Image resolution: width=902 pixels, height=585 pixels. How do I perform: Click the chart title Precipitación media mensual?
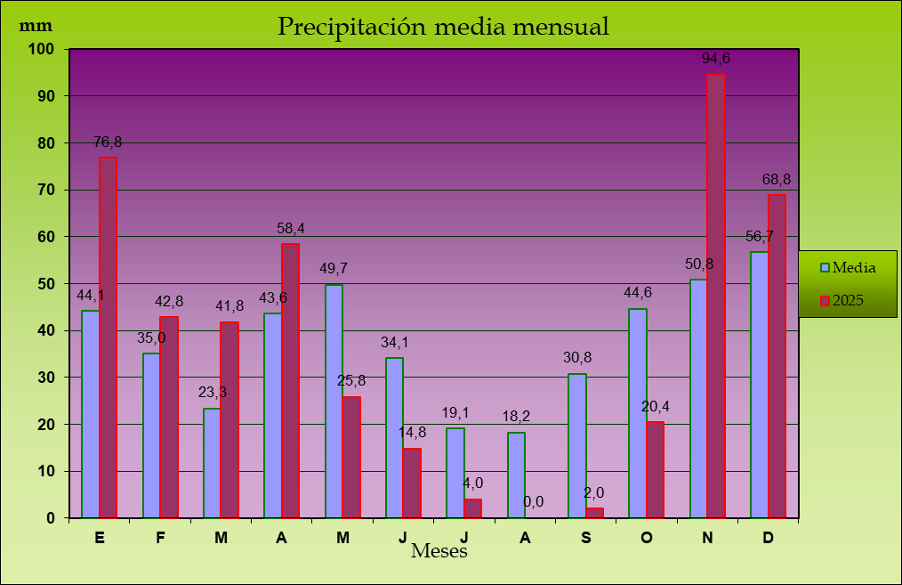point(443,27)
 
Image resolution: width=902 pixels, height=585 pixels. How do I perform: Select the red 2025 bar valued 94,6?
point(715,297)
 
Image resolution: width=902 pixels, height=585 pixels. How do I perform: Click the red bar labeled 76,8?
point(108,337)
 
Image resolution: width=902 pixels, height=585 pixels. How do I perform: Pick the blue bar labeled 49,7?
point(334,401)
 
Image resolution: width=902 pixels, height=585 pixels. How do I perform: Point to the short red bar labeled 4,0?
point(472,508)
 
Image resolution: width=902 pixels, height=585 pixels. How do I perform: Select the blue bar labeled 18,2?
point(516,475)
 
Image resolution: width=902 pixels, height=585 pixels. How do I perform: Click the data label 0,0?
point(534,502)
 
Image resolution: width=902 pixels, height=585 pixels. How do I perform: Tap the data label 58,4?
point(291,229)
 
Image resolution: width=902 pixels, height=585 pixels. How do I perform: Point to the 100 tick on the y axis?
point(41,49)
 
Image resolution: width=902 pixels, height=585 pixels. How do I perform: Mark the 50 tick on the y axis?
point(44,283)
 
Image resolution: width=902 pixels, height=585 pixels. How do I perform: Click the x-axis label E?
point(99,538)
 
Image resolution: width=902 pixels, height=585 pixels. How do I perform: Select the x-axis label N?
point(707,538)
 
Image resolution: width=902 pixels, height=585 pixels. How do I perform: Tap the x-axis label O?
point(647,538)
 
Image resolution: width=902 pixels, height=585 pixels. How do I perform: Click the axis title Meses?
point(439,552)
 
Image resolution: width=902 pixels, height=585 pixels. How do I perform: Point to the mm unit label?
point(36,25)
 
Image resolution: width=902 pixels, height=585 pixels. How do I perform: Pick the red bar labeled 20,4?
point(655,469)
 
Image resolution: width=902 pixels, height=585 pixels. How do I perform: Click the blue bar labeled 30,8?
point(576,445)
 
